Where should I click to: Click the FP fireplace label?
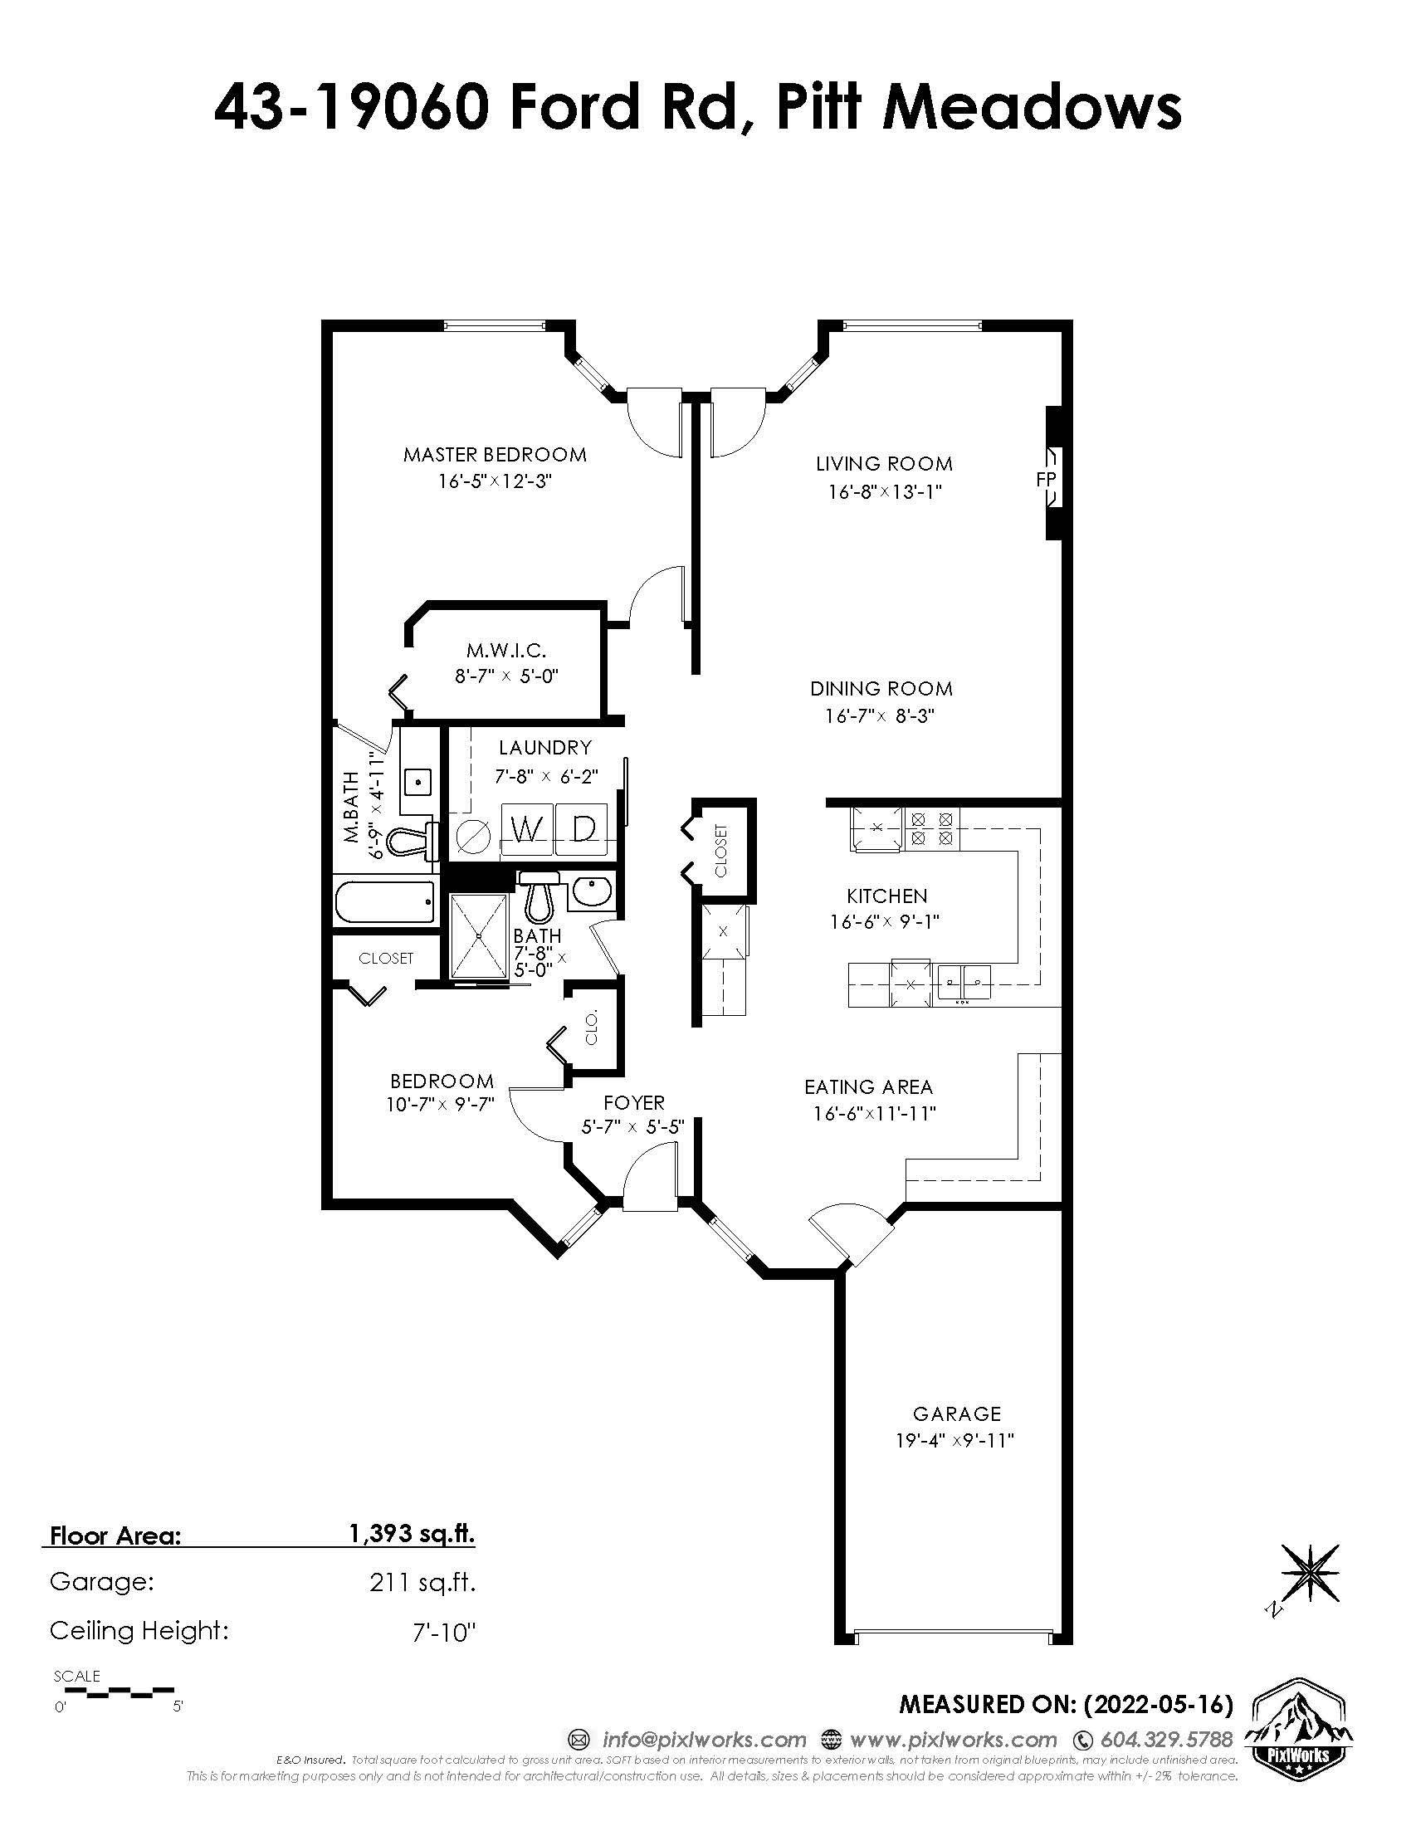tap(1046, 479)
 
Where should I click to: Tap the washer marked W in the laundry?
tap(526, 830)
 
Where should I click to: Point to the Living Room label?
tap(885, 463)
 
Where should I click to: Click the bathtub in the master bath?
tap(385, 903)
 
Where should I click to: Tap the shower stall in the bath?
tap(479, 935)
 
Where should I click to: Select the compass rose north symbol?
tap(1309, 1575)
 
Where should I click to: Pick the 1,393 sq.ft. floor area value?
tap(411, 1533)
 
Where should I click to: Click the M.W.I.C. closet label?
tap(505, 650)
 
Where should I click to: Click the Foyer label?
tap(633, 1103)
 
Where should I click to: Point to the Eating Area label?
tap(868, 1087)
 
